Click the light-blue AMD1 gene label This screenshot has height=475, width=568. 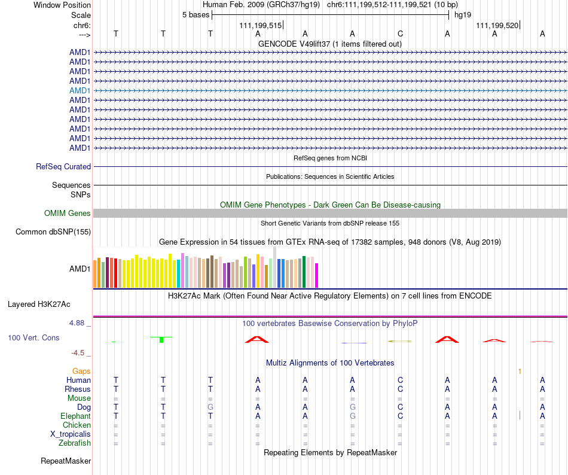click(80, 90)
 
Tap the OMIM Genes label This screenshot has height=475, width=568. click(68, 214)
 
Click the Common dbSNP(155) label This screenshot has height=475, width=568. click(53, 232)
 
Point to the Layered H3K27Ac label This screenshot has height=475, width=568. click(39, 304)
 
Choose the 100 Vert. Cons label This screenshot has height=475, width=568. click(33, 338)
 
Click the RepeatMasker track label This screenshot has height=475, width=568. click(66, 461)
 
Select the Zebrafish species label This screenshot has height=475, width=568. click(75, 443)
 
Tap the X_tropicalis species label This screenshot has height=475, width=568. click(71, 434)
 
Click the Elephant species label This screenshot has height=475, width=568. click(75, 416)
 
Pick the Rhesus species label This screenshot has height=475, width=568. click(78, 389)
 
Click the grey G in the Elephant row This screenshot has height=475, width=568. click(353, 416)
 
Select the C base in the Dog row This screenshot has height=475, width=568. click(400, 407)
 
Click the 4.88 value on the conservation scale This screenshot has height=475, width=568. click(80, 323)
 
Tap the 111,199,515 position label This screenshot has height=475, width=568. click(260, 25)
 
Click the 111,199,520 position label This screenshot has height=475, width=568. click(497, 25)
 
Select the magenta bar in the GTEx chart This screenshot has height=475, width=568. click(317, 275)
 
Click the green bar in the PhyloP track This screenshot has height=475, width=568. click(161, 340)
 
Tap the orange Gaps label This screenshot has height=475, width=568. click(81, 372)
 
